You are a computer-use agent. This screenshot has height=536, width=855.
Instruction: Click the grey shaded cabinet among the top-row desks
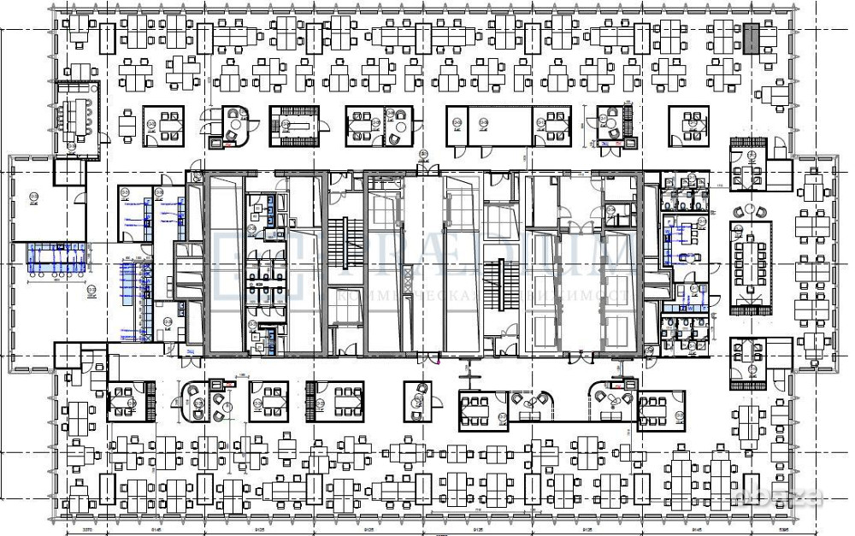click(x=750, y=38)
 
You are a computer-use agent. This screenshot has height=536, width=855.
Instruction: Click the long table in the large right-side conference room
click(x=750, y=261)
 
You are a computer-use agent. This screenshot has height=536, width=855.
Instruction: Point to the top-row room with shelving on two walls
click(x=297, y=124)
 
